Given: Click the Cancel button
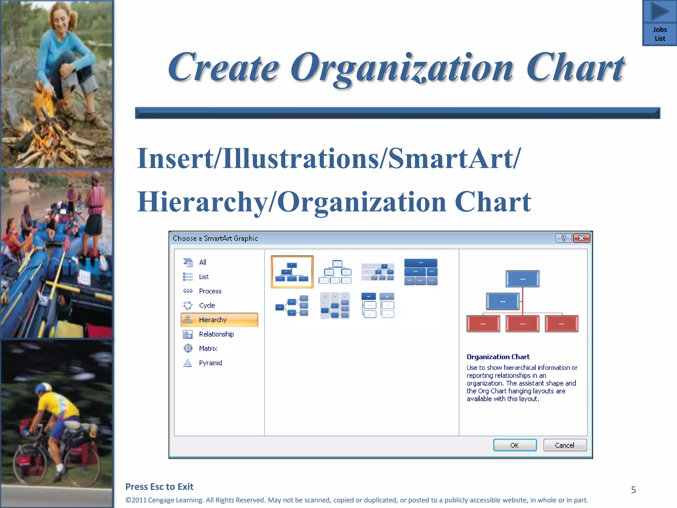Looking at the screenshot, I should coord(565,445).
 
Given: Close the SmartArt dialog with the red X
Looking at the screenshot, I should coord(581,238).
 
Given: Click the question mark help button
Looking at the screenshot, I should coord(564,238).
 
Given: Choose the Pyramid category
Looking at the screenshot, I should coord(210,363).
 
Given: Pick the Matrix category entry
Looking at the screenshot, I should coord(208,349).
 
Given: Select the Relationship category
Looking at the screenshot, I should coord(216,334).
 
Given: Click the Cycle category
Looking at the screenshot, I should coord(207,305).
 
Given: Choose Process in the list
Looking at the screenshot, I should coord(210,291).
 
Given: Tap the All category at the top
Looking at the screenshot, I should coord(202,262).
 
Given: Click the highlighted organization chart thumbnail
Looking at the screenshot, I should coord(292,272).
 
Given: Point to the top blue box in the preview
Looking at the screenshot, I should coord(522,279).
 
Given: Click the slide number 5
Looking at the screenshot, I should coord(633,490).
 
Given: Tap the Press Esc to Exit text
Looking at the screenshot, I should coord(159,487).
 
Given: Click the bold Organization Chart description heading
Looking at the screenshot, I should coord(498,357).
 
